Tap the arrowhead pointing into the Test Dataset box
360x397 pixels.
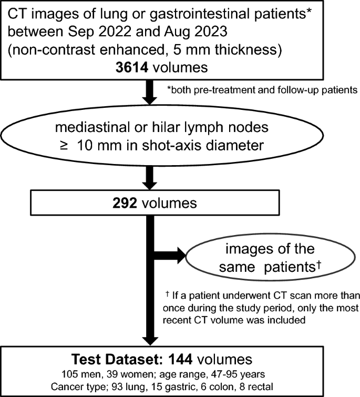151,337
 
